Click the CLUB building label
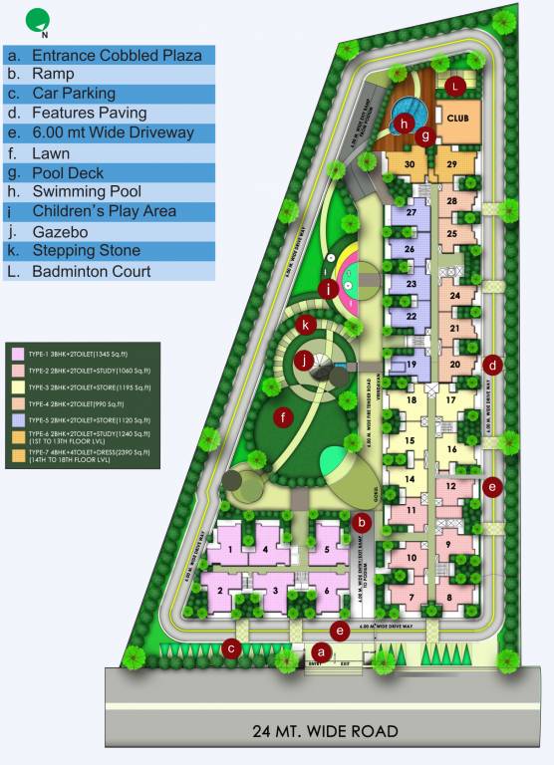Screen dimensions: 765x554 [457, 117]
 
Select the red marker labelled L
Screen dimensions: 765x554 [455, 87]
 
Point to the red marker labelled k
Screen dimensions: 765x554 [309, 324]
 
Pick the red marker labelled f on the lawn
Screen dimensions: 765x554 [286, 416]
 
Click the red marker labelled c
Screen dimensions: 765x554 [232, 648]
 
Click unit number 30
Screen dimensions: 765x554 [409, 164]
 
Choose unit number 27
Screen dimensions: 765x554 [409, 213]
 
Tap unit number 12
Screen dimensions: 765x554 [450, 486]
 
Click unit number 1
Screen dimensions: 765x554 [230, 549]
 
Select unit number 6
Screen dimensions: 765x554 [327, 592]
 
